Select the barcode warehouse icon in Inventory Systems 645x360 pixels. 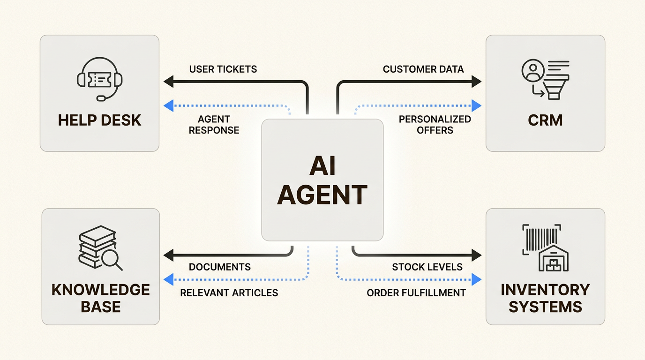pos(545,247)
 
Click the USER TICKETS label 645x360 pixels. pos(223,69)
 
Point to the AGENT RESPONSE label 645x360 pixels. pos(214,125)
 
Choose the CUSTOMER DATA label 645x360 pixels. pos(423,69)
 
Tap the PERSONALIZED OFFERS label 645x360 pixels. pos(435,125)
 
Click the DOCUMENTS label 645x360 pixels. pos(220,267)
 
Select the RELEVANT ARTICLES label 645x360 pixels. pos(229,293)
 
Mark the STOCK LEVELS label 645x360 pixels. pos(427,267)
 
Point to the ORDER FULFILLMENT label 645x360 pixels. pos(416,293)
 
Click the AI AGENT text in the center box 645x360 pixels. pos(322,180)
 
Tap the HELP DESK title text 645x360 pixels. pos(99,120)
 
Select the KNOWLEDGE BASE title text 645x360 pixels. pos(101,298)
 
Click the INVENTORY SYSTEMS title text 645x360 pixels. pos(545,298)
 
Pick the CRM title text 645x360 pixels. pos(545,120)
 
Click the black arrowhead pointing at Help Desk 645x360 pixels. pos(168,82)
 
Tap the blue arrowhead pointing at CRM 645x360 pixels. pos(476,105)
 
